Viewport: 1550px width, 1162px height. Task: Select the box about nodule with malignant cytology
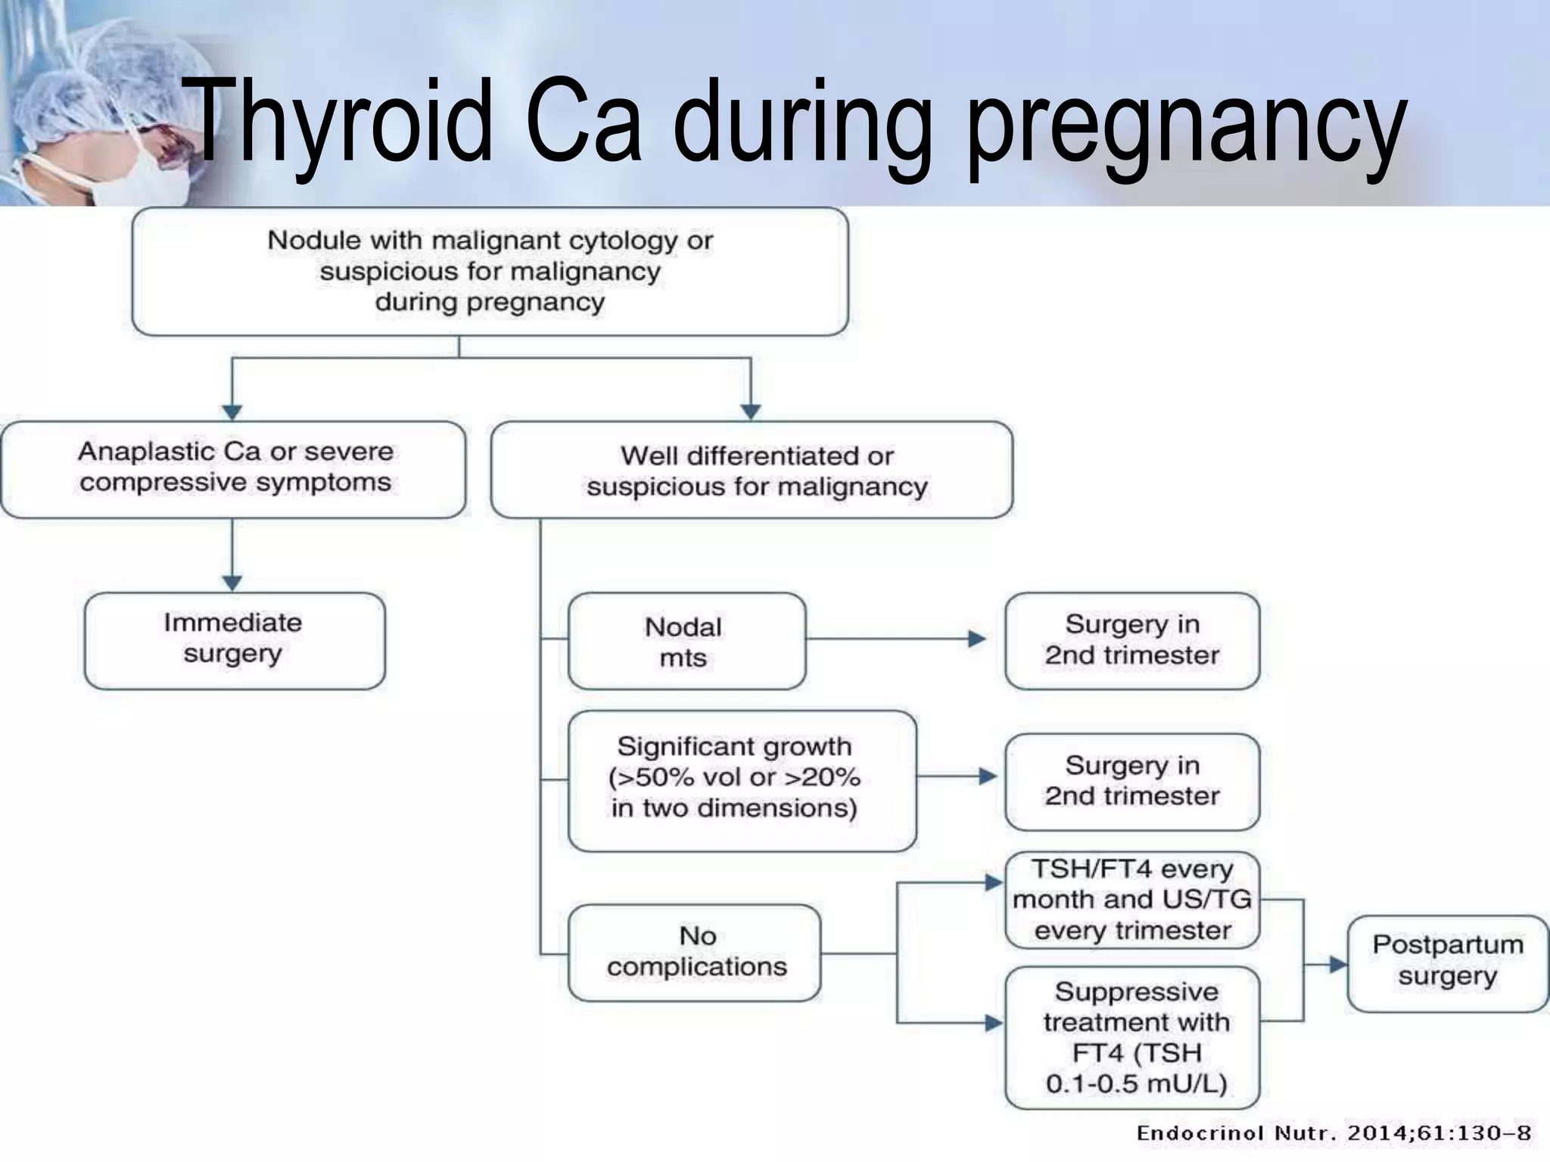pos(490,271)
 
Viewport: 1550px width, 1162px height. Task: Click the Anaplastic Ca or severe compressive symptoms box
pos(234,469)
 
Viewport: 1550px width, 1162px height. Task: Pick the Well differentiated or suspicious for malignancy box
pos(752,471)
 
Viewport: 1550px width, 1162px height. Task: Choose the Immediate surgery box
pos(234,640)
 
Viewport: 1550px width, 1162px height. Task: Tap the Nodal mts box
pos(686,641)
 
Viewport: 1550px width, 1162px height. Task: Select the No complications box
pos(694,952)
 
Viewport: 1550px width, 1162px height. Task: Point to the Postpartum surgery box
pos(1447,962)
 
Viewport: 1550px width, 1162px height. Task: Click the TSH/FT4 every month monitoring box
pos(1131,899)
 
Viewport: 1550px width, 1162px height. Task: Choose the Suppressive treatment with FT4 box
pos(1131,1037)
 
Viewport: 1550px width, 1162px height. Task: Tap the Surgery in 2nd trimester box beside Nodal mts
pos(1131,640)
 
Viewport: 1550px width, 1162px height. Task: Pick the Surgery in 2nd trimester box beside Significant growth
pos(1131,781)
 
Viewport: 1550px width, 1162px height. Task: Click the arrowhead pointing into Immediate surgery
pos(232,583)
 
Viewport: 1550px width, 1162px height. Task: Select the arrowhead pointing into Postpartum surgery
pos(1337,964)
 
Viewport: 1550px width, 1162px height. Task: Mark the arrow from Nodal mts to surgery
pos(893,639)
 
